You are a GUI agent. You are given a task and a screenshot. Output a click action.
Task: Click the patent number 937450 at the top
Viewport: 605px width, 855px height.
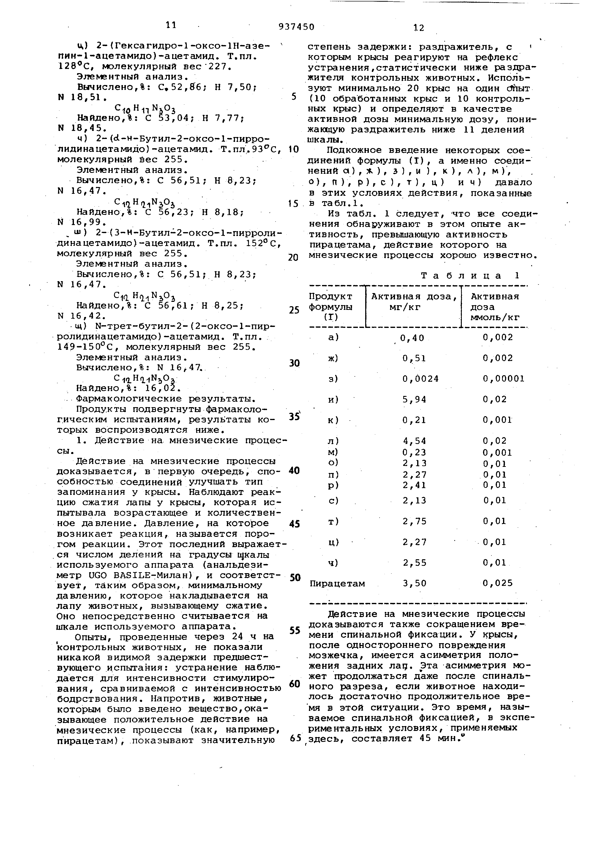[x=296, y=27]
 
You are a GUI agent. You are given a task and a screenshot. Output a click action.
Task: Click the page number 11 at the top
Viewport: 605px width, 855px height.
[x=171, y=25]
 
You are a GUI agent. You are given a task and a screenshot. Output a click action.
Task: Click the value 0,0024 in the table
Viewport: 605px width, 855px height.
[x=421, y=379]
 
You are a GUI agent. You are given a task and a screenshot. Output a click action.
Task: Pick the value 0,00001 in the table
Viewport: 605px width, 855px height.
[x=504, y=379]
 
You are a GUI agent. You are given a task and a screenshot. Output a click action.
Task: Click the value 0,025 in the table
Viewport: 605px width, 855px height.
[x=498, y=583]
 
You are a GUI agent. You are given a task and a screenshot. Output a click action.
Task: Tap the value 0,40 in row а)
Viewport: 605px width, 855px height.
[x=412, y=338]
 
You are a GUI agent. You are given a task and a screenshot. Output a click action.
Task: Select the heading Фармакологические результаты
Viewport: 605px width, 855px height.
[x=166, y=398]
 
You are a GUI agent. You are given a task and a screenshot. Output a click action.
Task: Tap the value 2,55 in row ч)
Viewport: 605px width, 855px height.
[x=414, y=563]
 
